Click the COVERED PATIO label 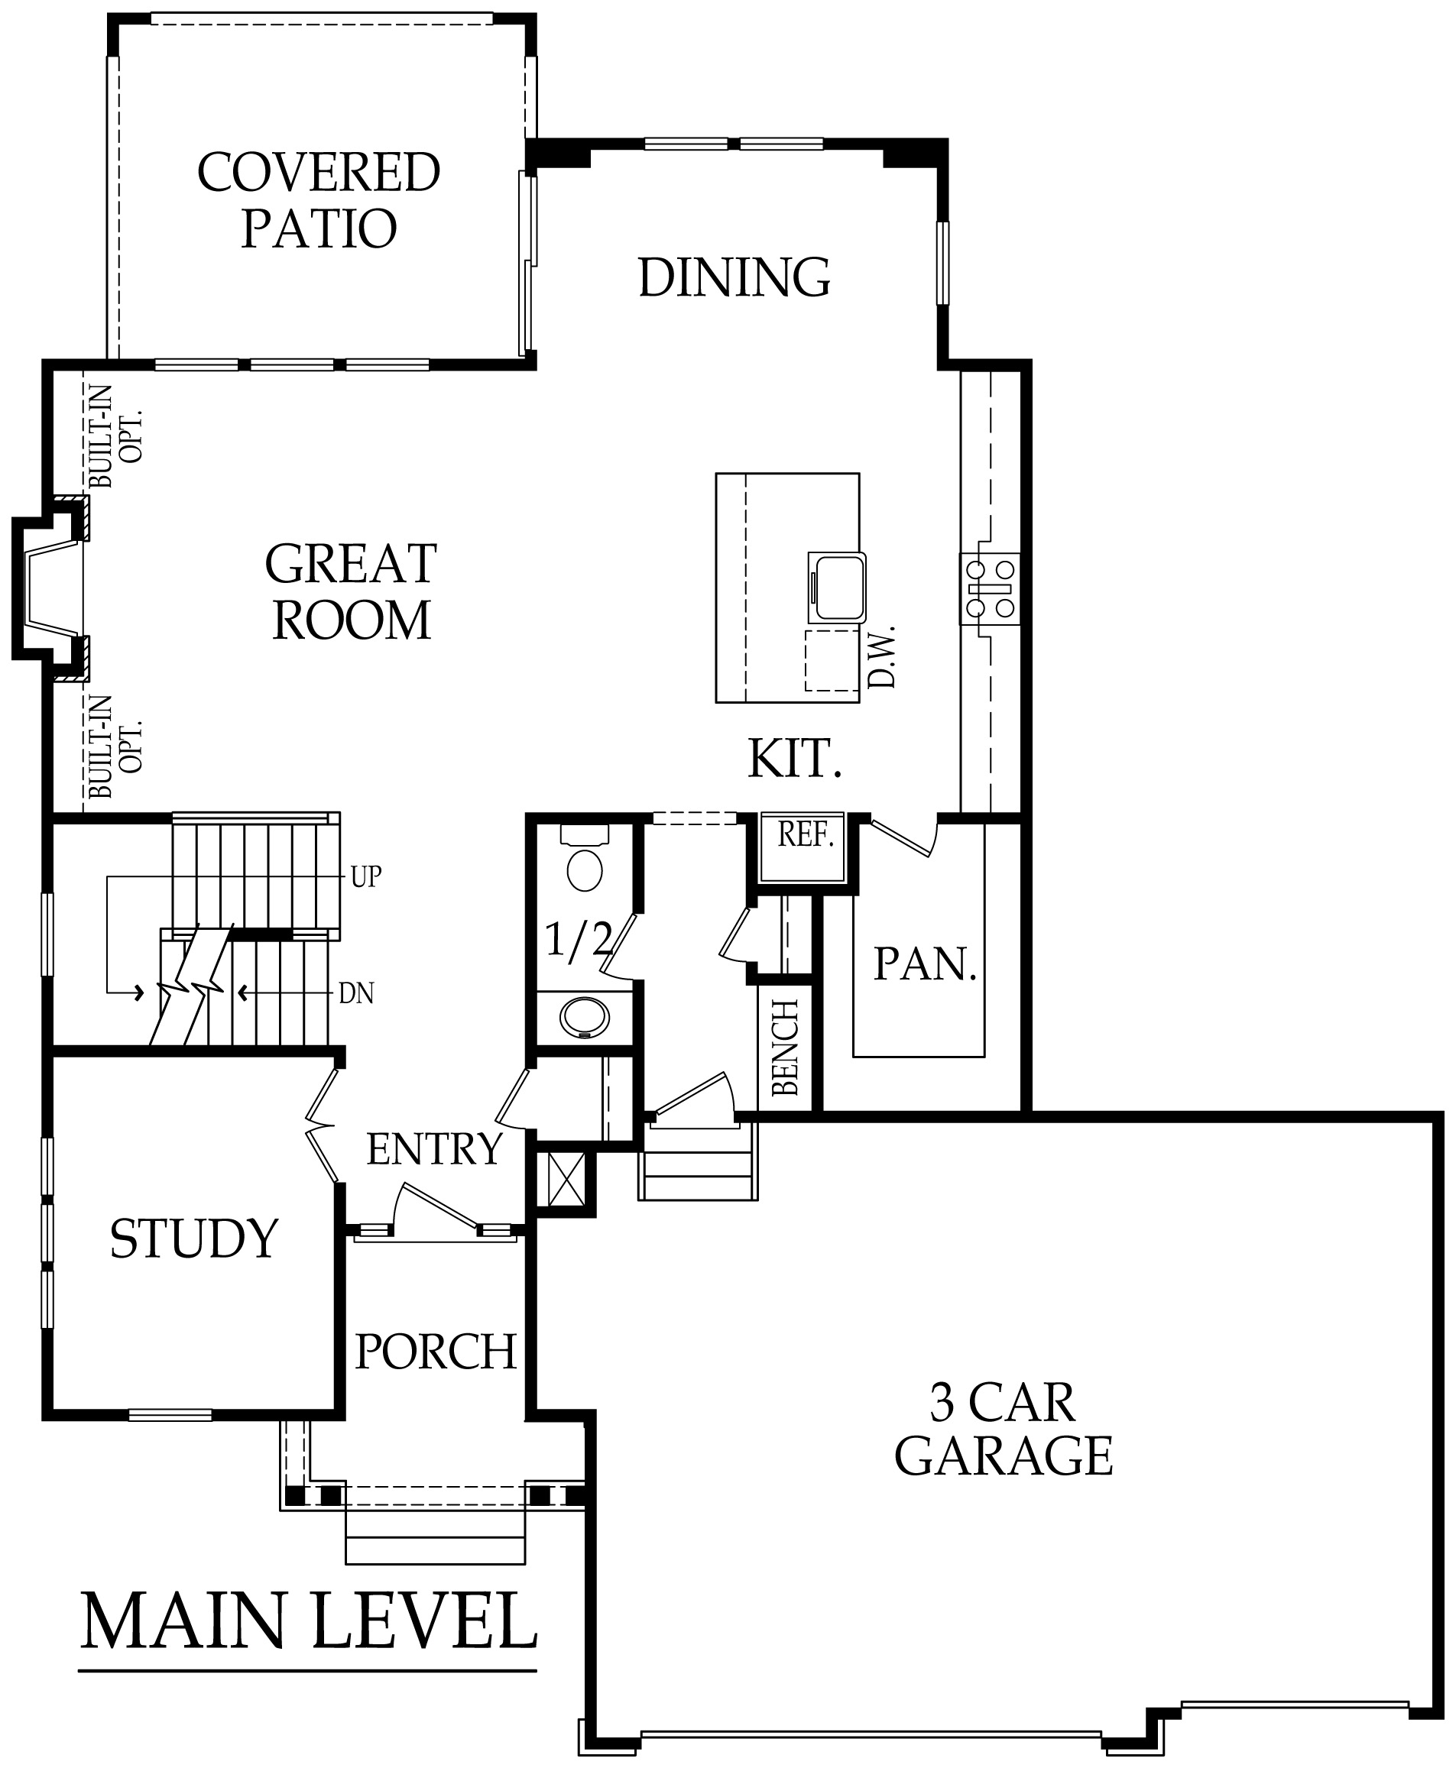click(319, 200)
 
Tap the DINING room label click(734, 277)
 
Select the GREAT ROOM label click(352, 592)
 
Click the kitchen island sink click(836, 588)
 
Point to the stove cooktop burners click(991, 588)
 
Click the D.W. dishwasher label click(882, 656)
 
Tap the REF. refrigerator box click(802, 847)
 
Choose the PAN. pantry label click(926, 965)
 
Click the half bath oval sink click(585, 1018)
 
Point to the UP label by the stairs click(365, 877)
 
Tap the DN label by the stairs click(356, 994)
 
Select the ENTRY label click(434, 1149)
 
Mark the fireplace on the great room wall click(50, 589)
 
